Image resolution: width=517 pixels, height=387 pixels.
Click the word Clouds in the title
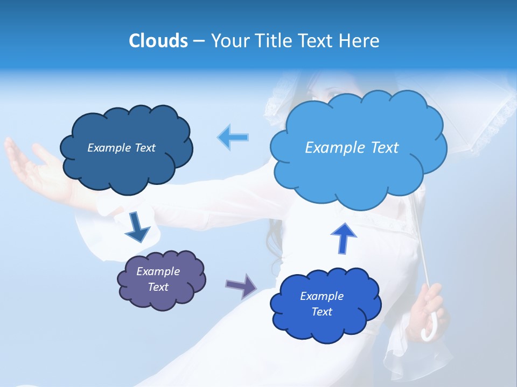158,41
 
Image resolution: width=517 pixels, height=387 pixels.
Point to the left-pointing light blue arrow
233,137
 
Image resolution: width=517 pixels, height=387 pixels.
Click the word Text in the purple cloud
158,287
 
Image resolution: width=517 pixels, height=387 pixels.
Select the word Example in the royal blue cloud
322,296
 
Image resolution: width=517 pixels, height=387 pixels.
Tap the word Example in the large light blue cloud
332,148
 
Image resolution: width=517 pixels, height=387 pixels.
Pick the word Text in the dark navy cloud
144,148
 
